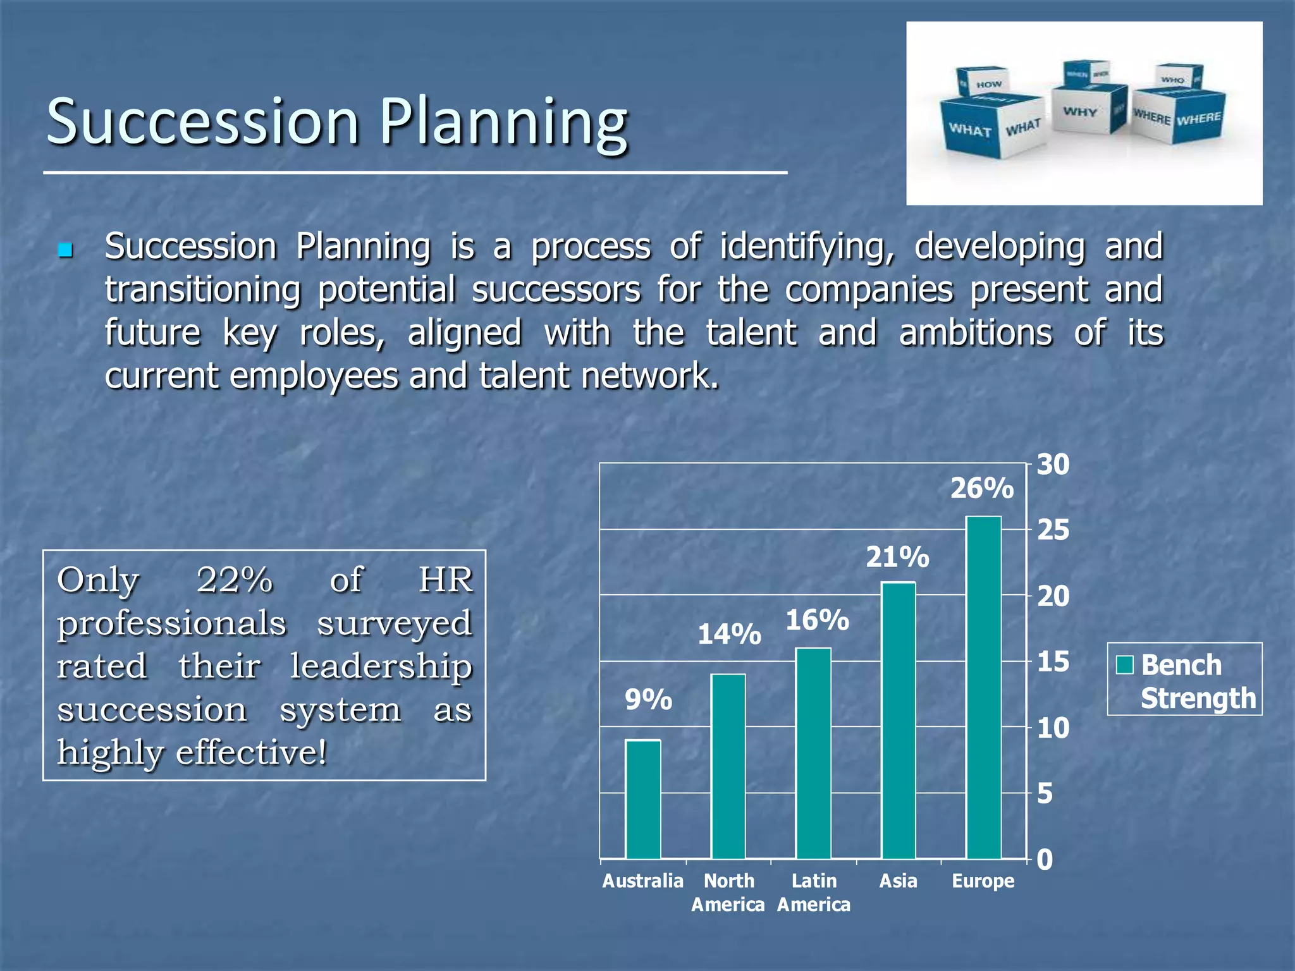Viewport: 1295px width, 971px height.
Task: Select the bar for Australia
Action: [643, 799]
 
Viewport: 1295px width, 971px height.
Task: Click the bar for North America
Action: [728, 766]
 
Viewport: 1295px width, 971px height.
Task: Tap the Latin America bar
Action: [813, 753]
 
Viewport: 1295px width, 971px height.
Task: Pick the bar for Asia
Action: [899, 720]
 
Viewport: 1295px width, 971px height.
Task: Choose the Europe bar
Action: [983, 687]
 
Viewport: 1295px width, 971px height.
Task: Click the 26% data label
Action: [982, 489]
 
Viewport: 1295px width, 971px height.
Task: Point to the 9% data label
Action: [648, 700]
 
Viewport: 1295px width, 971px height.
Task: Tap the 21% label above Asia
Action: [897, 558]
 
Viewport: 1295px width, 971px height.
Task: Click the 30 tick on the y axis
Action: [1053, 465]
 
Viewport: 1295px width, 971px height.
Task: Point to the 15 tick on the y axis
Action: [1053, 662]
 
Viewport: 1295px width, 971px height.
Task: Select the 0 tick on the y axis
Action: [1045, 860]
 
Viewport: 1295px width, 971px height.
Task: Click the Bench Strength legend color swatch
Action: [1125, 665]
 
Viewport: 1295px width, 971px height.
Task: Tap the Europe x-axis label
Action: [983, 881]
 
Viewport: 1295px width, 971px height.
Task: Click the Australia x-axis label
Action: [642, 881]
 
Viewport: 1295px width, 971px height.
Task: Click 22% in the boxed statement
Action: [235, 579]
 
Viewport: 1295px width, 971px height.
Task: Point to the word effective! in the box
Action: [252, 752]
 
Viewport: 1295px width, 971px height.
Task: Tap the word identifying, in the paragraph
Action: [807, 247]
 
